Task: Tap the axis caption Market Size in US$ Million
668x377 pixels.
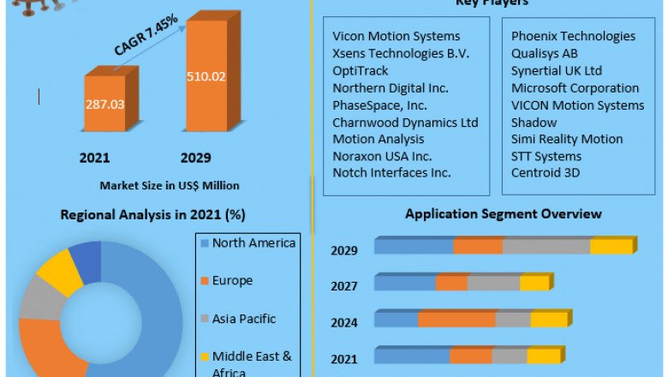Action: tap(170, 185)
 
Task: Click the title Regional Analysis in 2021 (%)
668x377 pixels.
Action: tap(152, 214)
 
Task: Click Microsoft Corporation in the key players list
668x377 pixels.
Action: tap(575, 88)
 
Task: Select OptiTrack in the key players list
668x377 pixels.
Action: tap(360, 71)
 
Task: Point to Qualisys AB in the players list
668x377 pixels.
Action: tap(545, 54)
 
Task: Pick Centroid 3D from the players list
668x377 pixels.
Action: tap(546, 173)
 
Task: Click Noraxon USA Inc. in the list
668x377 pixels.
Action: tap(382, 156)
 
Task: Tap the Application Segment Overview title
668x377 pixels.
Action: tap(503, 214)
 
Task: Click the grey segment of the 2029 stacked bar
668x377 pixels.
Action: tap(546, 247)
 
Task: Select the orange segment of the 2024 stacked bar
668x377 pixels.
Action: tap(456, 320)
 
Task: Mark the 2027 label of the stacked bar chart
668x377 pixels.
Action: tap(344, 286)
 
